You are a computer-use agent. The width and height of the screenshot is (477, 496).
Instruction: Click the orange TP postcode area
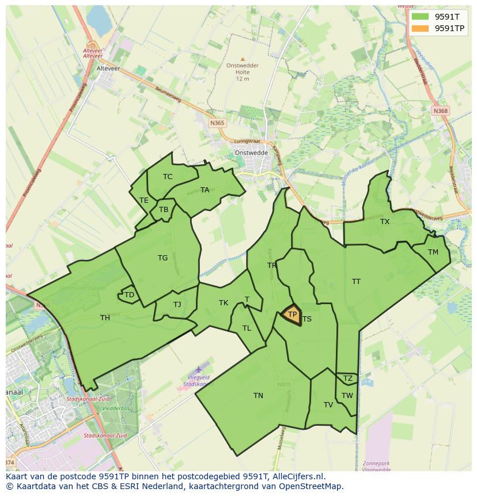(291, 315)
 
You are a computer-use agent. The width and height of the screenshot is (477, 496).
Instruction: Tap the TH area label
(105, 317)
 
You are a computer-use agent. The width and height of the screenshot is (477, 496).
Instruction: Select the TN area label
(258, 395)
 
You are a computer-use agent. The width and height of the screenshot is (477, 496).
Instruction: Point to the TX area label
(385, 221)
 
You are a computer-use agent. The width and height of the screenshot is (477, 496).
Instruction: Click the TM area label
(433, 252)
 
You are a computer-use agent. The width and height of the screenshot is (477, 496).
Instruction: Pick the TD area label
(129, 295)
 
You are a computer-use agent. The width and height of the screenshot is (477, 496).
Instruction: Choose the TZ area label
(347, 378)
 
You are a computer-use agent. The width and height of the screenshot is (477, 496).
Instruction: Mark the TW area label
(347, 395)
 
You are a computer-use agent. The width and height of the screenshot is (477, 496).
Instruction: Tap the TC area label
(168, 176)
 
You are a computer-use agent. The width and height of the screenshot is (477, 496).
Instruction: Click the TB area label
(164, 210)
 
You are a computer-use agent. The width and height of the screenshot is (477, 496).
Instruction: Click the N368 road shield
(441, 111)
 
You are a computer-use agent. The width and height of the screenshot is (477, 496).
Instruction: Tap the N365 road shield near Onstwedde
(217, 123)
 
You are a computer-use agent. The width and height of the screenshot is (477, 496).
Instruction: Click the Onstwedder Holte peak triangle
(243, 59)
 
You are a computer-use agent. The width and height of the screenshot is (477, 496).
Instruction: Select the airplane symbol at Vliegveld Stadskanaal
(199, 369)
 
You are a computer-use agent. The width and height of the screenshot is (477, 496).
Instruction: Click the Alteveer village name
(108, 67)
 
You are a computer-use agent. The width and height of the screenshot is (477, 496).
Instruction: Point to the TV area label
(328, 404)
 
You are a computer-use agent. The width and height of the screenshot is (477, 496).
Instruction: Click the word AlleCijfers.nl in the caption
(297, 476)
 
